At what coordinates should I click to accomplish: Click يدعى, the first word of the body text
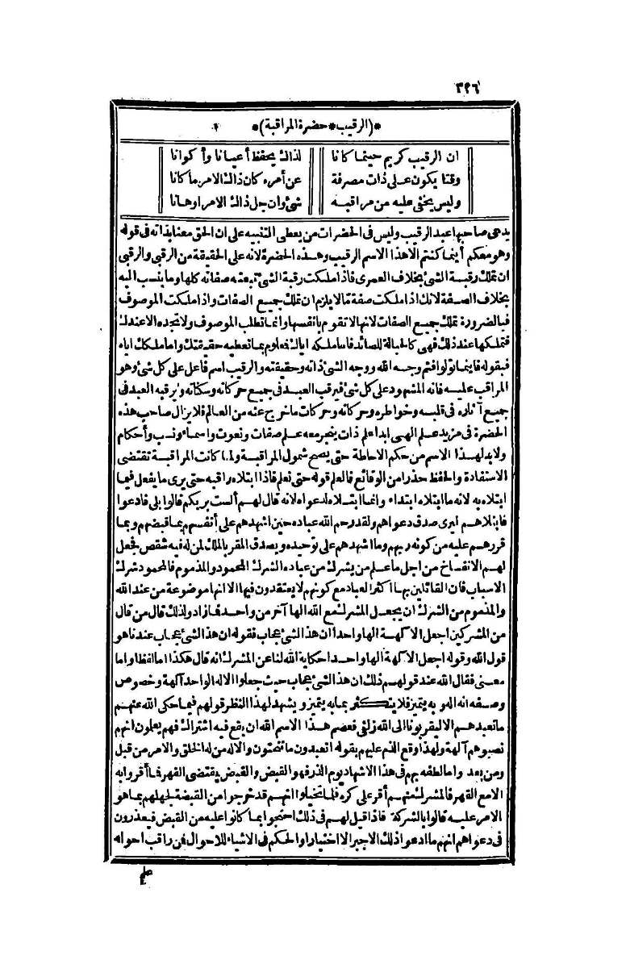(x=488, y=215)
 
